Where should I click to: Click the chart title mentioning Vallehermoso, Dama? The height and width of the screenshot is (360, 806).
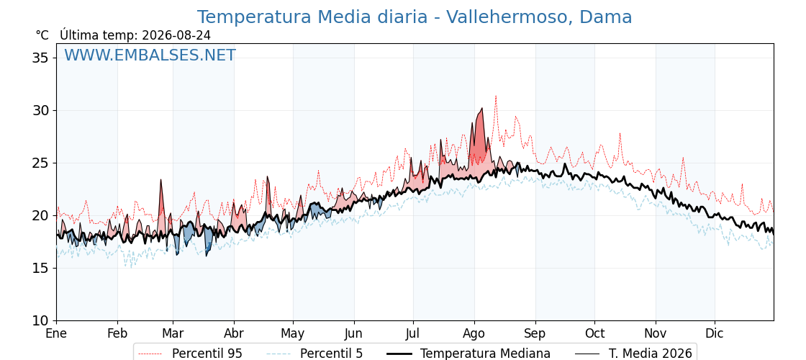(x=415, y=17)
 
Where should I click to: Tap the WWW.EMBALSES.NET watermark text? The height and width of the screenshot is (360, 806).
(x=150, y=55)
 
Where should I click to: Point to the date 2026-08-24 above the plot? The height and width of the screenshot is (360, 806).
(x=176, y=35)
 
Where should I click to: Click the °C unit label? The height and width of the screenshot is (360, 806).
(x=42, y=35)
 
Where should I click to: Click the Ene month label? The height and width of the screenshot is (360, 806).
(x=57, y=333)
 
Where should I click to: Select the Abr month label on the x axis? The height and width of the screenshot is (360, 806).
(x=234, y=333)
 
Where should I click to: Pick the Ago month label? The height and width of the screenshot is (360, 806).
(x=474, y=333)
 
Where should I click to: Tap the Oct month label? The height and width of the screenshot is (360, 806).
(x=594, y=333)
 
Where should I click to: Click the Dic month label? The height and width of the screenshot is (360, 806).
(x=715, y=333)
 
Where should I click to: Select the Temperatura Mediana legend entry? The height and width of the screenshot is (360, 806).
(x=468, y=354)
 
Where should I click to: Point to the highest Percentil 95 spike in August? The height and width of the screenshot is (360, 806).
(x=496, y=96)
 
